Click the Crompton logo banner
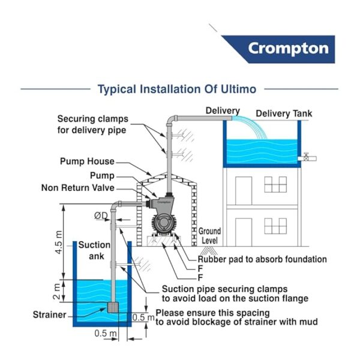[x=287, y=48]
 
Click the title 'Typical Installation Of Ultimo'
[x=177, y=89]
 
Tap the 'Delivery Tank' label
[x=284, y=113]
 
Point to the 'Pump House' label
[x=87, y=161]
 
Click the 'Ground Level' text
[x=209, y=236]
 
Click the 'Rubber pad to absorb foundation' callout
[x=262, y=259]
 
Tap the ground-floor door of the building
[x=243, y=232]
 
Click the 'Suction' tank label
[x=95, y=245]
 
